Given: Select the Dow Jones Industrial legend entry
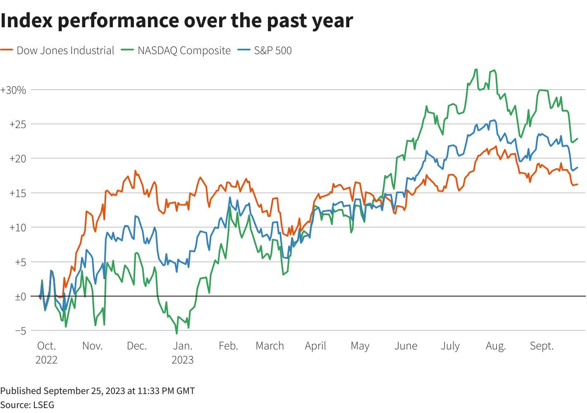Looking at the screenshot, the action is point(57,50).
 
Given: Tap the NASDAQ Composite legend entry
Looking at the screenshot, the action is point(176,50).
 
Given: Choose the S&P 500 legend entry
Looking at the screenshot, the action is point(265,50).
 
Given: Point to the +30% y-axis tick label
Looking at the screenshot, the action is point(13,90).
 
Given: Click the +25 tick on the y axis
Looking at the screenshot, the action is point(18,124).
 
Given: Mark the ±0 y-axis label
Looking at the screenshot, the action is point(20,297).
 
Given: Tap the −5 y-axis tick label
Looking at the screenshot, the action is point(20,331).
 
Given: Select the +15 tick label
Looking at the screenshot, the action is point(18,193).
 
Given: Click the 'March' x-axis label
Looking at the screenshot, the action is point(270,346).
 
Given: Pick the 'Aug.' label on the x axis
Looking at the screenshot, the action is point(496,346).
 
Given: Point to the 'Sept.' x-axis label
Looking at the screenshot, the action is point(542,346).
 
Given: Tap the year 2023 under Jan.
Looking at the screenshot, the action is point(182,360).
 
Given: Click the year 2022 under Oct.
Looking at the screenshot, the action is point(46,360).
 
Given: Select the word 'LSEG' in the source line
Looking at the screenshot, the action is point(44,405).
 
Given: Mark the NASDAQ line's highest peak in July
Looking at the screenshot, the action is point(476,69).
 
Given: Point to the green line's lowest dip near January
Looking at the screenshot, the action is point(177,334).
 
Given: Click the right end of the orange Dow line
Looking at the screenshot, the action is point(577,184).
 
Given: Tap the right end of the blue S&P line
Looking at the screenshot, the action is point(577,168).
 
